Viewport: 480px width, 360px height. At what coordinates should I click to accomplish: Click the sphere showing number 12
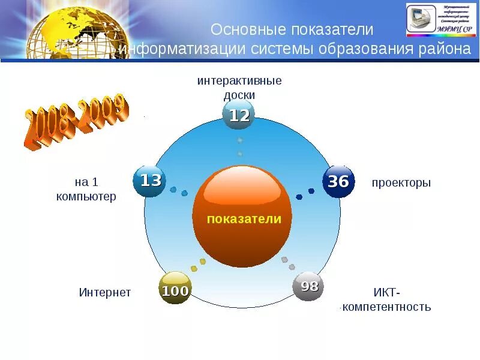pos(239,115)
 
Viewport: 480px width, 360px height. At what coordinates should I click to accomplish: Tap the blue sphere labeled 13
pos(150,180)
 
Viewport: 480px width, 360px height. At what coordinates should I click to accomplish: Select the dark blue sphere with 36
pos(339,181)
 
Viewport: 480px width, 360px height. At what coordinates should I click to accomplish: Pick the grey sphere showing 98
pos(308,287)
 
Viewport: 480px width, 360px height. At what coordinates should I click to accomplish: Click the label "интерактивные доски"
pos(239,88)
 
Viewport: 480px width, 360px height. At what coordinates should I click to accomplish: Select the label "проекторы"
pos(401,183)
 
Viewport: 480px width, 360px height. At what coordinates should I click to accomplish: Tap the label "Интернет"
pos(105,293)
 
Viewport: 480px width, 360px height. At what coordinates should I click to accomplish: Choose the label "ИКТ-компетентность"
pos(386,299)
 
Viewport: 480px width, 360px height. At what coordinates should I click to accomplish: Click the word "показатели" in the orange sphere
pos(244,219)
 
